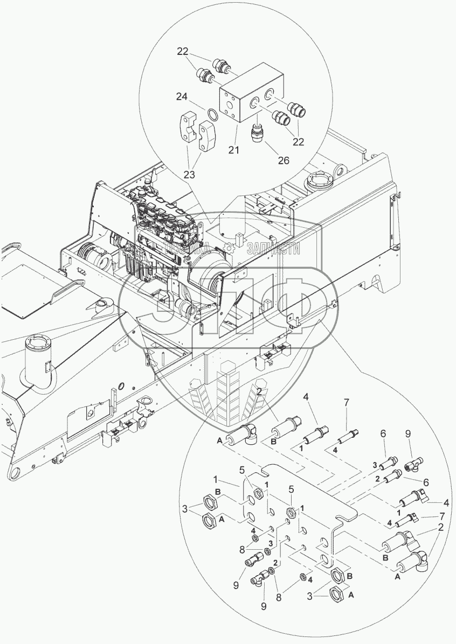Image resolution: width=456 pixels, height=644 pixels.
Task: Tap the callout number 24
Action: [182, 97]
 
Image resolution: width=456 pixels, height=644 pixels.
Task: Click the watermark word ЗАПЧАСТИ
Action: [273, 248]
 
